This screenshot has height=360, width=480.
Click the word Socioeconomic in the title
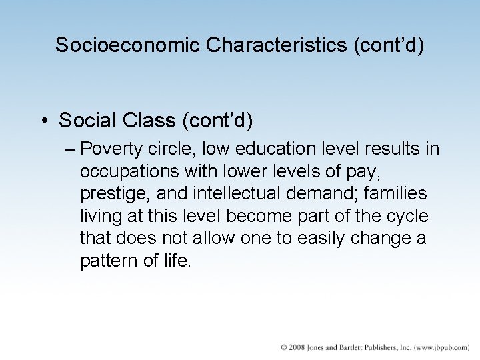(128, 45)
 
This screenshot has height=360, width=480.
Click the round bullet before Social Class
(44, 121)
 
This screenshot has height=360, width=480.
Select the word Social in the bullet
(85, 121)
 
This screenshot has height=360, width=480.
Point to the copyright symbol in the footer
(283, 347)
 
